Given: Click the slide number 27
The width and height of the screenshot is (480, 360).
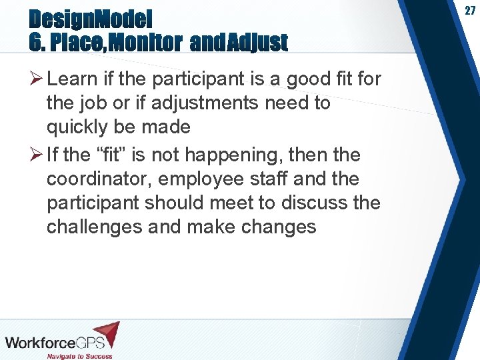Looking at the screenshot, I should pyautogui.click(x=469, y=11).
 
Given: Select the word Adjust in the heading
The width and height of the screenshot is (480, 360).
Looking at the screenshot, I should pyautogui.click(x=257, y=43).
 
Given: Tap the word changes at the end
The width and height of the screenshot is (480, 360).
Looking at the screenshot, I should pyautogui.click(x=276, y=227).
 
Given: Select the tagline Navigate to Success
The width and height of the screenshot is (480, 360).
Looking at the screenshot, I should pyautogui.click(x=79, y=355).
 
